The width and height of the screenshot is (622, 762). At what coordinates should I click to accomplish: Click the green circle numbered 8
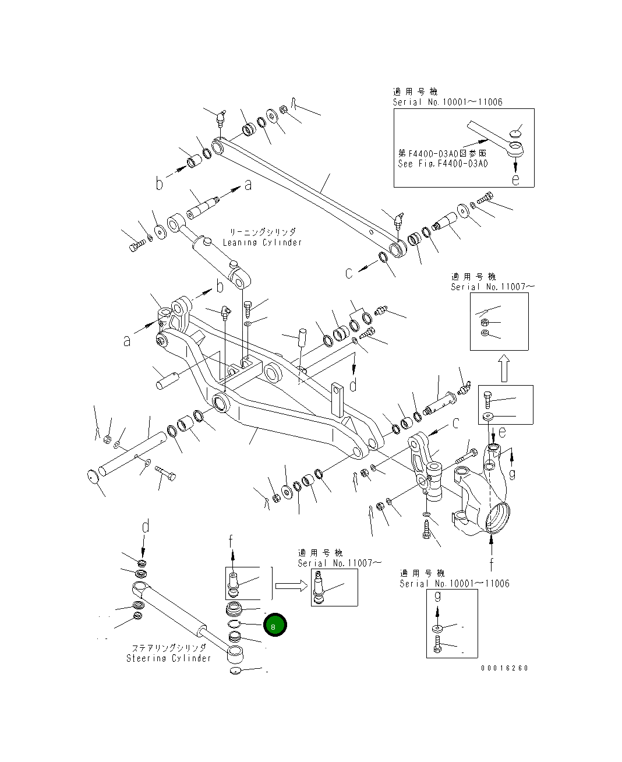(x=275, y=625)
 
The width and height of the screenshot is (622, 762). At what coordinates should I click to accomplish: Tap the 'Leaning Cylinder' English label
(x=263, y=242)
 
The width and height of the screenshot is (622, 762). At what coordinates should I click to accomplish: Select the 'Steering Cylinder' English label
(x=169, y=658)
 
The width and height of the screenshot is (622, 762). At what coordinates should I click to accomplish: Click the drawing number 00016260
(x=504, y=668)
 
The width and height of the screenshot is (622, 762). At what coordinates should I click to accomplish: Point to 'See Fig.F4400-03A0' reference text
(x=443, y=164)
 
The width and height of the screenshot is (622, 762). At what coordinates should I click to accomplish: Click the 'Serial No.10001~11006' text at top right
(x=447, y=102)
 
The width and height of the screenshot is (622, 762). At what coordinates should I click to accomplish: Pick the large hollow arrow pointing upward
(x=504, y=368)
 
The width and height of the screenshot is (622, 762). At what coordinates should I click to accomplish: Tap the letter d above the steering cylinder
(x=146, y=527)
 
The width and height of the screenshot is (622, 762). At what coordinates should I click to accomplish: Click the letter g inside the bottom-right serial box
(x=439, y=597)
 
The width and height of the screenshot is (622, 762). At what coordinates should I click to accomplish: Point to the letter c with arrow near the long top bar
(x=349, y=273)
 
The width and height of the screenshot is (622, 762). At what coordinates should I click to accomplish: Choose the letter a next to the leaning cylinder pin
(x=248, y=185)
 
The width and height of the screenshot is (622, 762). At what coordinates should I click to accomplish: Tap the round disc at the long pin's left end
(x=93, y=476)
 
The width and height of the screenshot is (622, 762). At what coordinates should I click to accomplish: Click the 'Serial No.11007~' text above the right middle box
(x=492, y=287)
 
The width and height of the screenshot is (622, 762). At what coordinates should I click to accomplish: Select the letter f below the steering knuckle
(x=492, y=564)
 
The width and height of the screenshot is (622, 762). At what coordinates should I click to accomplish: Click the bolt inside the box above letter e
(x=488, y=400)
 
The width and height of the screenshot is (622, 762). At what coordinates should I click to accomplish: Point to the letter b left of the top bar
(x=160, y=184)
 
